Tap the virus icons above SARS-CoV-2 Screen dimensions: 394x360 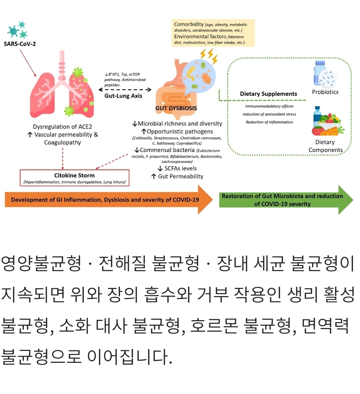tap(17, 30)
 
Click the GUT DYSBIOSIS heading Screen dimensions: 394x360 tap(176, 109)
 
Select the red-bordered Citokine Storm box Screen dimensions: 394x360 tap(74, 178)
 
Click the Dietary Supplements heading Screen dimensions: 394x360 tap(268, 94)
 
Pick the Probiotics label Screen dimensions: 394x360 tap(325, 92)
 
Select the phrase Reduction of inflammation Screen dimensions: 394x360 tap(269, 122)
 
